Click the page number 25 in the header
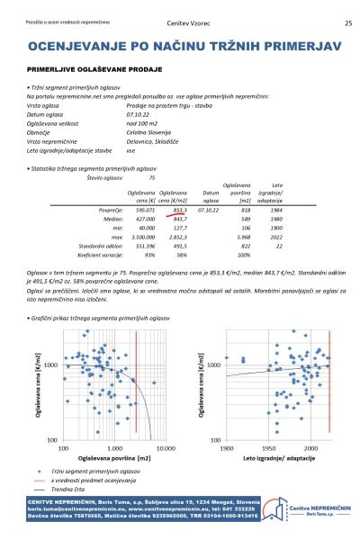(348, 23)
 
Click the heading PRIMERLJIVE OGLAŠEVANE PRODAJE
(94, 68)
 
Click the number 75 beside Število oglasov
(151, 178)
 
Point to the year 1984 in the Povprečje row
(276, 209)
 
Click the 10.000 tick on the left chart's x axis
(166, 446)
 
